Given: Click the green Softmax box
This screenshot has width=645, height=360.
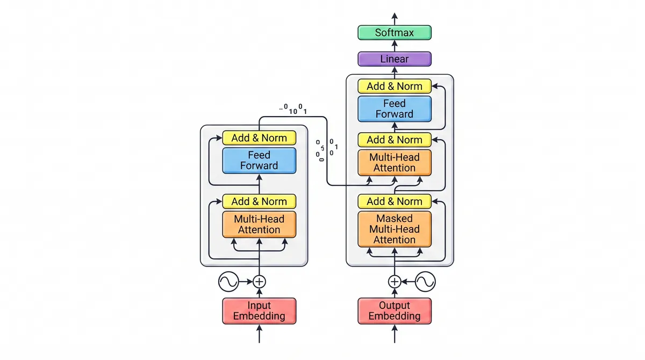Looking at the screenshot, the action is [x=395, y=33].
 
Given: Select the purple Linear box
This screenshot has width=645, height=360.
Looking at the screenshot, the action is [x=395, y=59].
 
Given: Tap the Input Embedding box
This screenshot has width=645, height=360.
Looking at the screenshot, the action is [x=259, y=311].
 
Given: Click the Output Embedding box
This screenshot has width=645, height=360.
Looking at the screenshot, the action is [x=395, y=311].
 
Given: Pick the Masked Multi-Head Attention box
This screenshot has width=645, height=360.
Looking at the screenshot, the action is [x=395, y=229].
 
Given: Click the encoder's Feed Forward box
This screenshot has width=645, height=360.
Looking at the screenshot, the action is [x=259, y=160].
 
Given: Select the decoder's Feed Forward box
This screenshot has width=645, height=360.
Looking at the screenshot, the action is [x=395, y=109].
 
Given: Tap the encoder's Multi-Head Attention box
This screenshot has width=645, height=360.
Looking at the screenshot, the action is [x=259, y=225].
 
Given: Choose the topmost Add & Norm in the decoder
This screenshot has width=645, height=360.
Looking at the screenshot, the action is [x=395, y=86].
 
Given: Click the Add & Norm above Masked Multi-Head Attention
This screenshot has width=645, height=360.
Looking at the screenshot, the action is [x=395, y=201].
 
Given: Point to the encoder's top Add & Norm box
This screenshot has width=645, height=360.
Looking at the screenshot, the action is [x=259, y=138].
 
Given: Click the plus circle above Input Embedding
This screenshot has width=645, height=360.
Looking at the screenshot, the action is [x=259, y=282].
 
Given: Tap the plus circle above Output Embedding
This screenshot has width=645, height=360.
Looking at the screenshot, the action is [x=395, y=282].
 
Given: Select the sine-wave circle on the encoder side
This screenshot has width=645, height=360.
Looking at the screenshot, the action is [x=228, y=282].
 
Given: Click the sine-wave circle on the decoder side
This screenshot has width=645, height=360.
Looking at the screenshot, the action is [x=425, y=282].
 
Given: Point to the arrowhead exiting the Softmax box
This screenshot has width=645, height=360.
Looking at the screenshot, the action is [x=395, y=16].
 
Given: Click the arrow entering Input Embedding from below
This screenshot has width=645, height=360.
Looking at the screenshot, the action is [x=259, y=334].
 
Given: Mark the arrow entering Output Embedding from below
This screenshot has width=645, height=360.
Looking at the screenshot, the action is [x=395, y=334].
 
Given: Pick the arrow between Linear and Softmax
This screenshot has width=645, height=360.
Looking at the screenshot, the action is [x=395, y=46].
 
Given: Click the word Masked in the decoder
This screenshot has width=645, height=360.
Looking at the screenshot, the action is [x=395, y=218].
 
